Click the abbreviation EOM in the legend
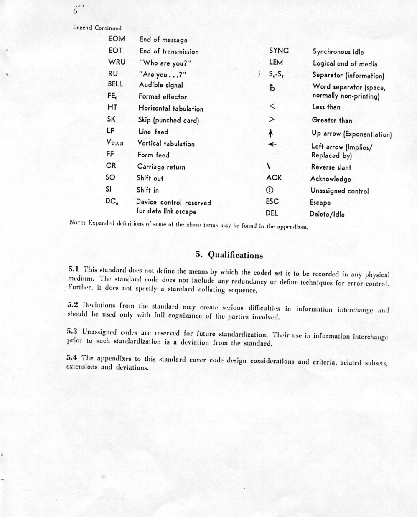pyautogui.click(x=117, y=39)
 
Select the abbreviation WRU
pyautogui.click(x=117, y=62)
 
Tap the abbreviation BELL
pyautogui.click(x=115, y=84)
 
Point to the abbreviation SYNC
pyautogui.click(x=279, y=51)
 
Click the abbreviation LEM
pyautogui.click(x=276, y=63)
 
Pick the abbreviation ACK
pyautogui.click(x=274, y=178)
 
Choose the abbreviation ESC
pyautogui.click(x=272, y=201)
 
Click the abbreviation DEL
pyautogui.click(x=272, y=213)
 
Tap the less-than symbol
pyautogui.click(x=272, y=106)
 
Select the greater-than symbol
pyautogui.click(x=272, y=119)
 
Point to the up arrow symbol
pyautogui.click(x=271, y=133)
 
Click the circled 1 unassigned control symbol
pyautogui.click(x=270, y=190)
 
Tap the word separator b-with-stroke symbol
pyautogui.click(x=272, y=88)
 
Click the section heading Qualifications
pyautogui.click(x=229, y=255)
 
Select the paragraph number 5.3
pyautogui.click(x=72, y=332)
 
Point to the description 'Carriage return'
pyautogui.click(x=161, y=167)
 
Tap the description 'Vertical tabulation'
pyautogui.click(x=166, y=143)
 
